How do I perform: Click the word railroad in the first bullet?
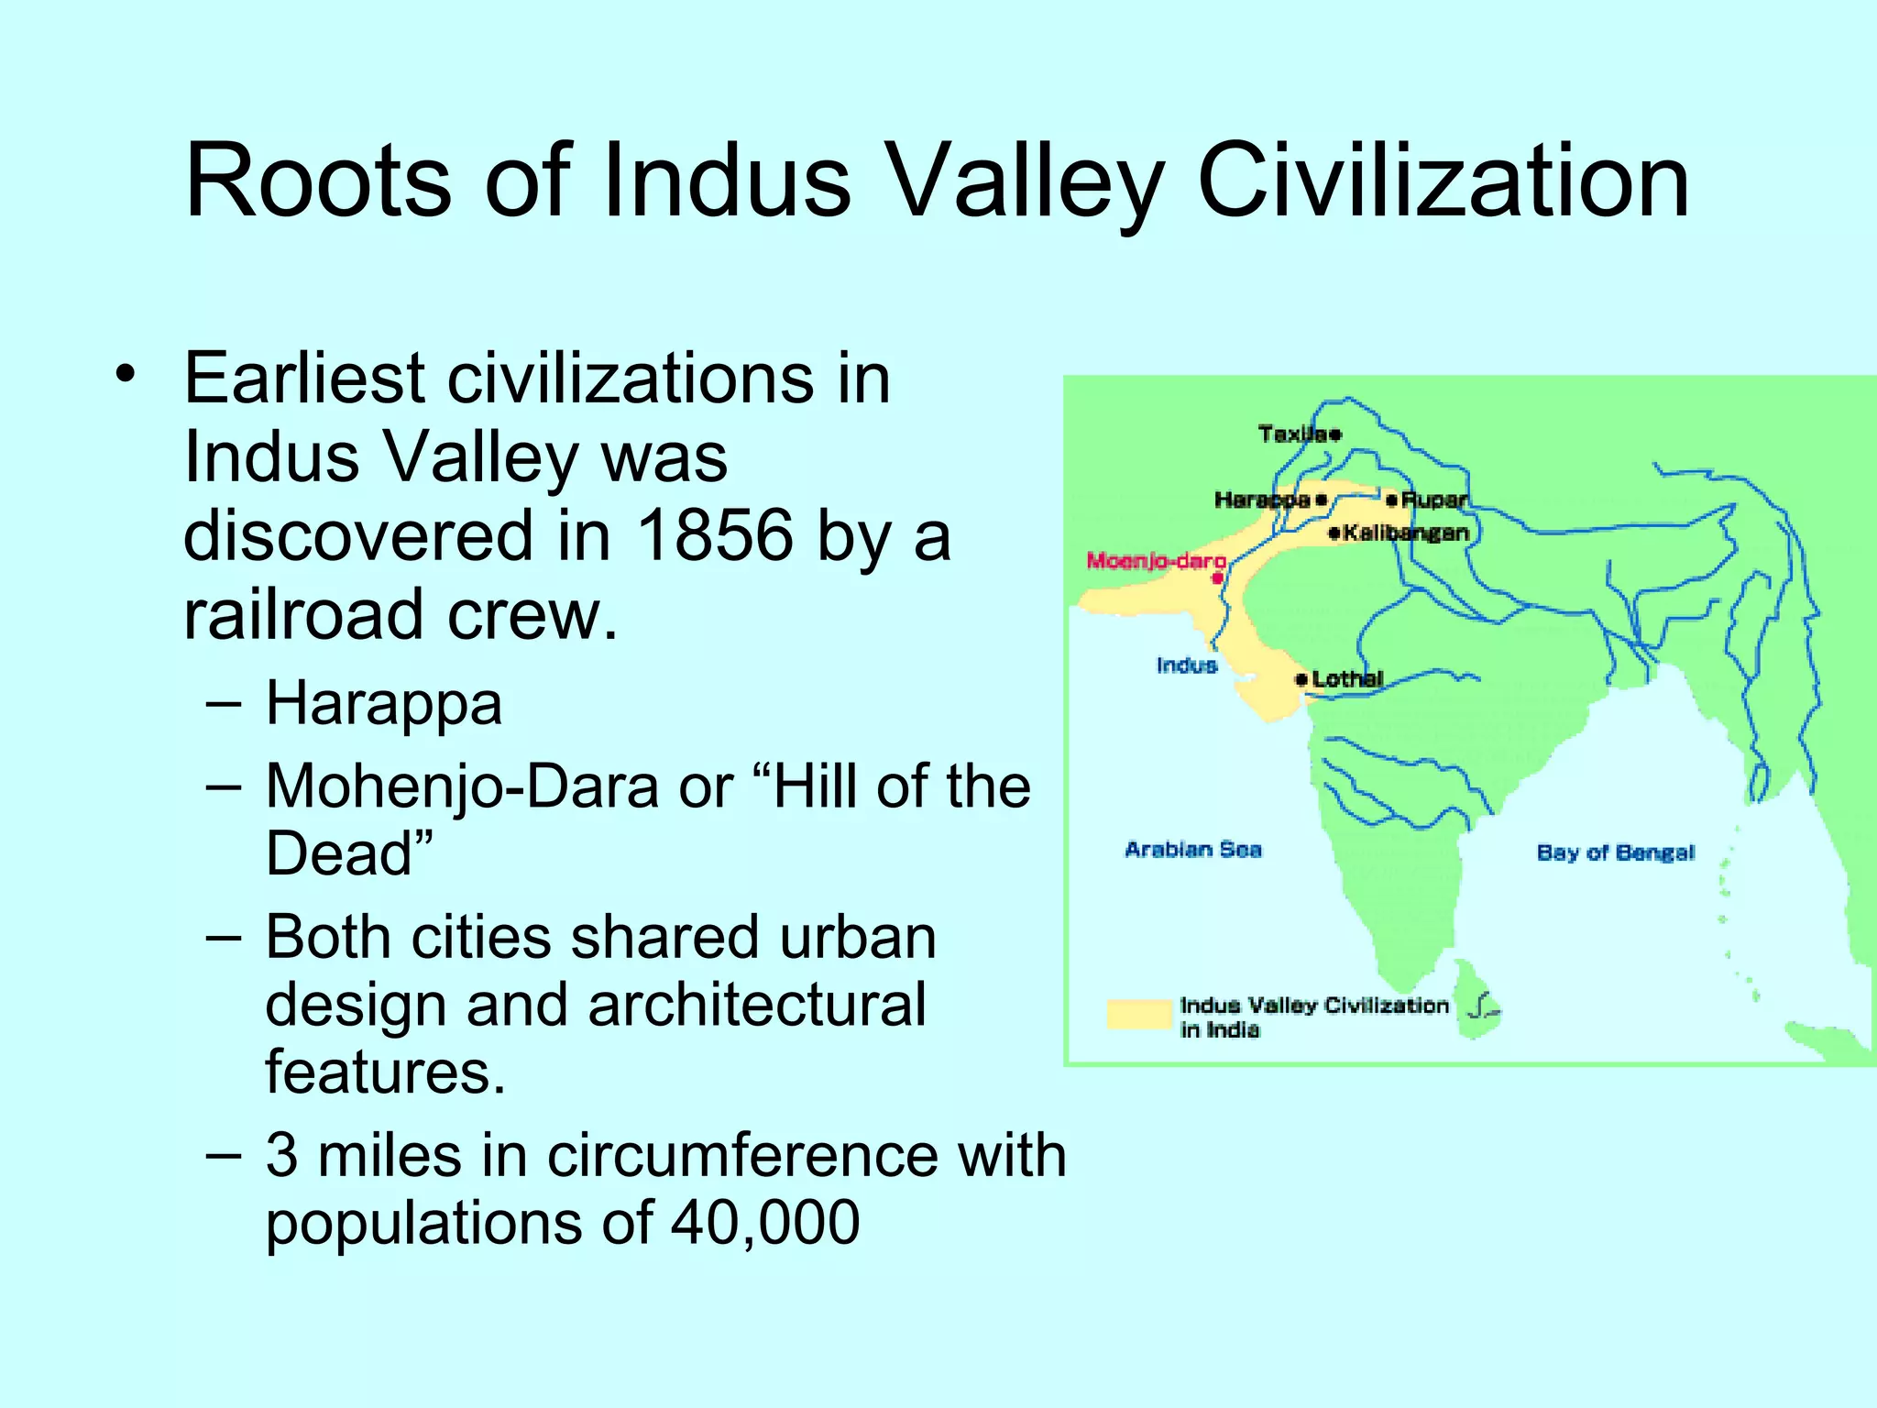302,613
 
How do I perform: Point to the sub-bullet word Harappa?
384,704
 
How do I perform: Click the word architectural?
756,1005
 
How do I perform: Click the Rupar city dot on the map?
1391,500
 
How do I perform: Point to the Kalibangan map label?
1405,533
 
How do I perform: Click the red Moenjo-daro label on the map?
1156,560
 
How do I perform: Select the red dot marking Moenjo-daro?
1217,578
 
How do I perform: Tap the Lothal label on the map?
1346,679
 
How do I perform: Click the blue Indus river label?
1186,665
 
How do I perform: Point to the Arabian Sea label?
1192,850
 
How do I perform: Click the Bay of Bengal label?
1615,852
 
